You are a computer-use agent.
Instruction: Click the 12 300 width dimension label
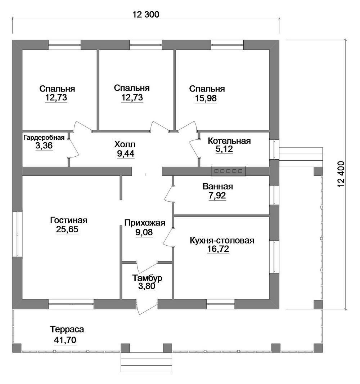coord(146,14)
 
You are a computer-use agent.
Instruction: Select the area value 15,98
coord(206,98)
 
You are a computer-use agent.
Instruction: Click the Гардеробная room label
coord(44,138)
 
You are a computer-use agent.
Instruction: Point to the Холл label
coord(125,144)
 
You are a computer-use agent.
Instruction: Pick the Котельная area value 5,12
coord(224,149)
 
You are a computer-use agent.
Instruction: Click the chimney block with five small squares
coord(229,171)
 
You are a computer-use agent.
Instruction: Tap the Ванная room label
coord(217,187)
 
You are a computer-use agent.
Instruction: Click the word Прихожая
coord(145,223)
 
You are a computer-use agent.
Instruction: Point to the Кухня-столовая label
coord(222,241)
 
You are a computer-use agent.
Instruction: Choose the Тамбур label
coord(147,278)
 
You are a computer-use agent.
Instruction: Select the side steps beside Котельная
coord(300,157)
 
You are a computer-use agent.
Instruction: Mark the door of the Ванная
coord(169,193)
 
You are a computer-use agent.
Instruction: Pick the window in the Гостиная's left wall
coord(17,234)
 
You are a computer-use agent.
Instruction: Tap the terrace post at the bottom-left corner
coord(17,348)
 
